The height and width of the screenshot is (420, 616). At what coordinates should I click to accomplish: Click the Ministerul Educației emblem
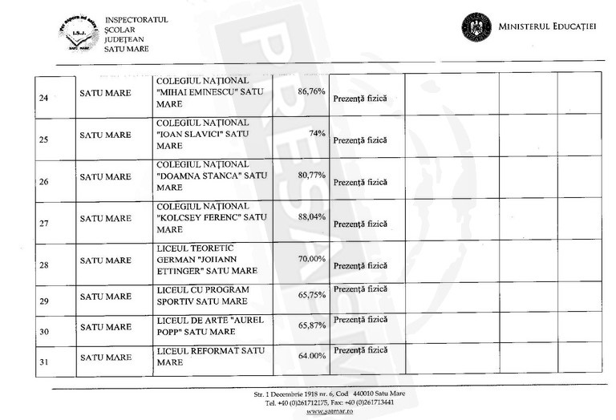pos(476,26)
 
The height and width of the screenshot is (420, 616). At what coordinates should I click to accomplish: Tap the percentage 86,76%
pos(310,91)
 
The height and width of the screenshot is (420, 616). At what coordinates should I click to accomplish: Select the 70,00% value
pos(310,259)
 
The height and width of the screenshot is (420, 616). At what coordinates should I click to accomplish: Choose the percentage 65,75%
pos(310,295)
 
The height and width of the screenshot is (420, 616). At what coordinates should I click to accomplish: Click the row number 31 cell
pos(44,362)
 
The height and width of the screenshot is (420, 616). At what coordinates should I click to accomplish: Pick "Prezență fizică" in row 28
pos(359,265)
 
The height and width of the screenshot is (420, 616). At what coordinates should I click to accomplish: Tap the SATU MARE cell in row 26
pos(106,177)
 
